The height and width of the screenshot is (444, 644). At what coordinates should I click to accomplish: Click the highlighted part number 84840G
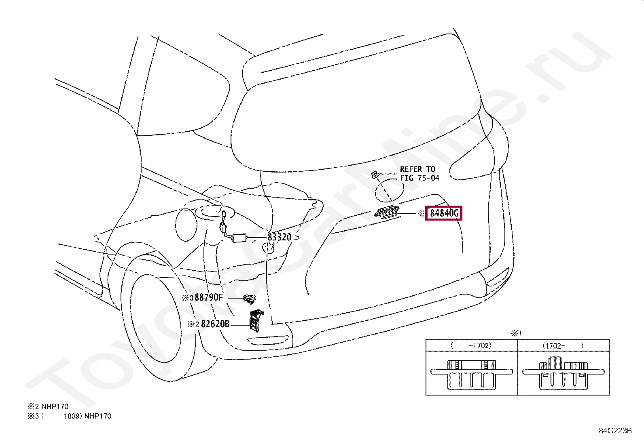444,213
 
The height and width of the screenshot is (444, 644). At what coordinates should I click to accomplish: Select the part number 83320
279,237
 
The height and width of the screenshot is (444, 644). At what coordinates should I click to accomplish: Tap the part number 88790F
208,298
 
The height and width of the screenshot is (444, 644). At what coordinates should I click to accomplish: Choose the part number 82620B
215,324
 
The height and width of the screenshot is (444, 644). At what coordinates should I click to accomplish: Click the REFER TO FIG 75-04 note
419,173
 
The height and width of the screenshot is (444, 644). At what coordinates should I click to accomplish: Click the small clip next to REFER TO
375,175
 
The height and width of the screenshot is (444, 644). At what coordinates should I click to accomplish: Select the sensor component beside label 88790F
250,299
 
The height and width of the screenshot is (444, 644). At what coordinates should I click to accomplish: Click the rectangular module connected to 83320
240,237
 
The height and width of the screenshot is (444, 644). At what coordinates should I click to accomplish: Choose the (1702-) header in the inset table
563,346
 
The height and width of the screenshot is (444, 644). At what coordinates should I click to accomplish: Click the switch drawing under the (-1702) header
472,374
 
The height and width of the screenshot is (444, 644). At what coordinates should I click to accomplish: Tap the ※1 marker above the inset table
516,334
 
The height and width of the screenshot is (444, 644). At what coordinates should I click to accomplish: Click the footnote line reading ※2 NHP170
48,406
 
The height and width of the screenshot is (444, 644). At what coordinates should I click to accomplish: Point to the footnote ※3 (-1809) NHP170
69,416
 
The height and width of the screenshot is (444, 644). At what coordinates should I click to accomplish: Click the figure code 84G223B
615,431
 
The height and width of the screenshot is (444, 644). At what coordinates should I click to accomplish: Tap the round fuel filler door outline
186,225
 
